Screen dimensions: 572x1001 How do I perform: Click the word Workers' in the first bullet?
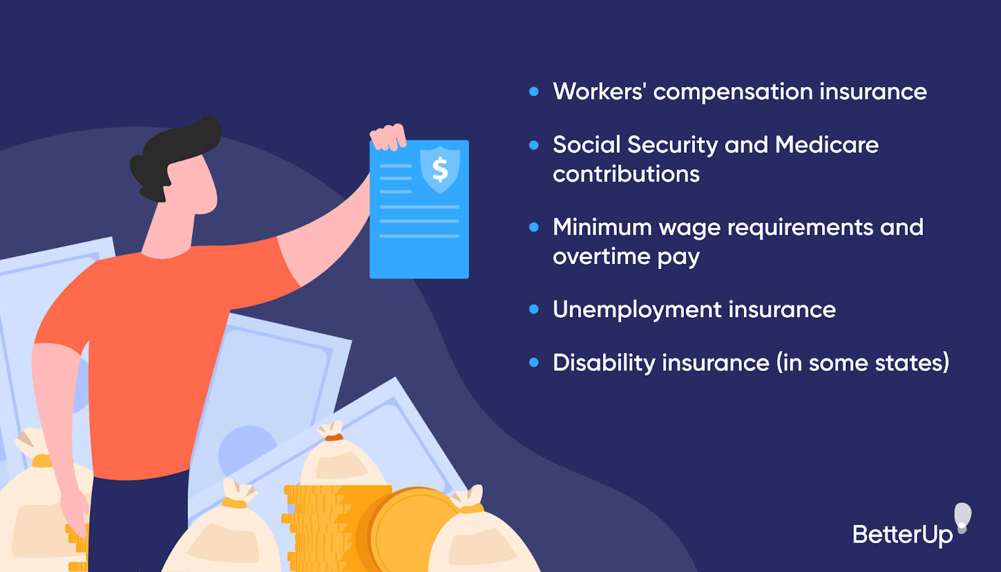pos(599,92)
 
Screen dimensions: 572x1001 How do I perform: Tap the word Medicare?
pos(826,145)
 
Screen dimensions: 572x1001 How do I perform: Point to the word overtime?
pos(601,257)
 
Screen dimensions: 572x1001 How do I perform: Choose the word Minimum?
pos(602,227)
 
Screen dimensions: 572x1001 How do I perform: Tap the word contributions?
pos(626,174)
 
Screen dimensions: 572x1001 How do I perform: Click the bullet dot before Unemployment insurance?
pos(534,309)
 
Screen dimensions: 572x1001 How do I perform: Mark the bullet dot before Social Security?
pos(534,145)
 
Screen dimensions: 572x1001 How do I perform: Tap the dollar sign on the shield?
pos(440,169)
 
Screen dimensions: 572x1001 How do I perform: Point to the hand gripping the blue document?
pos(389,137)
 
